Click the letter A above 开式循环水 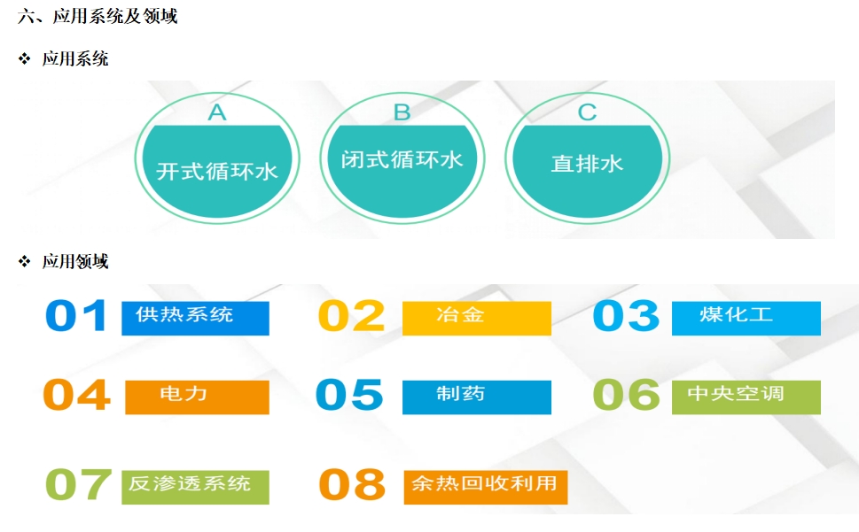[217, 112]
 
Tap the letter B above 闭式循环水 [402, 112]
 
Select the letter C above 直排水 [587, 112]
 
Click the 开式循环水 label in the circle [217, 172]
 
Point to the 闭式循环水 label [402, 159]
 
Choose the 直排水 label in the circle [587, 164]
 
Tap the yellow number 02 [352, 315]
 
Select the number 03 [626, 315]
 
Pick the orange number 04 [77, 395]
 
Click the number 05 [349, 395]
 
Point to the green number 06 [627, 395]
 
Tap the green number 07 [78, 484]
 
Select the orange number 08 [352, 484]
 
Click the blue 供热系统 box [195, 318]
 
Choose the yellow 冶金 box [477, 318]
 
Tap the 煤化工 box [746, 318]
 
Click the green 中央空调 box [746, 397]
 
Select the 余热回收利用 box [486, 487]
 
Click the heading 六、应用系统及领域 [98, 17]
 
